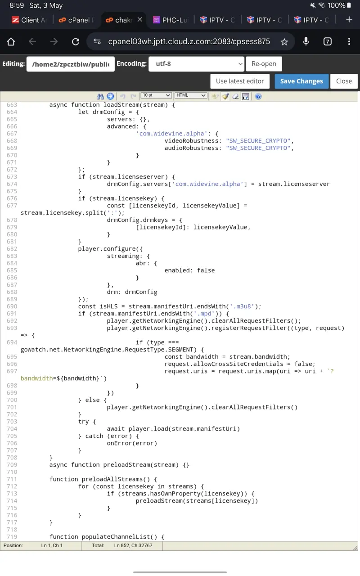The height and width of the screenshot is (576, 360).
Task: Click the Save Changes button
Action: point(301,81)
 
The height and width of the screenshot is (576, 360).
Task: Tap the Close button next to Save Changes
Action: point(344,81)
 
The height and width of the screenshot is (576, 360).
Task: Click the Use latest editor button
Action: point(240,81)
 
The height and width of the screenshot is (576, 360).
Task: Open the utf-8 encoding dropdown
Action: point(196,64)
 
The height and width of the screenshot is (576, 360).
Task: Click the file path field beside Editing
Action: point(71,64)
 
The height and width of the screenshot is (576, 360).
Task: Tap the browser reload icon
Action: point(75,41)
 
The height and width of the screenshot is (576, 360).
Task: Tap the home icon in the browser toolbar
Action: point(11,41)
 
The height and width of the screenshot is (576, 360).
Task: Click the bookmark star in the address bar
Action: point(284,42)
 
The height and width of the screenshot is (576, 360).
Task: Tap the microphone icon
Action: point(306,41)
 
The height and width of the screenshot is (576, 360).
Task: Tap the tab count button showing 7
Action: point(327,41)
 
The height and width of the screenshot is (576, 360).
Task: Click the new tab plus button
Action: point(349,19)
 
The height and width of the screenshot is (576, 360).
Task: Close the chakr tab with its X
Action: point(139,19)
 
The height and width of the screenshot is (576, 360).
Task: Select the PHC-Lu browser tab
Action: point(171,20)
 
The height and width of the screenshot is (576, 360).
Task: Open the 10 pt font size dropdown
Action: point(156,95)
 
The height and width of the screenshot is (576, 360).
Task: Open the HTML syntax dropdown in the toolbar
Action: point(190,95)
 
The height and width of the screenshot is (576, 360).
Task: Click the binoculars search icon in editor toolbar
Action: point(100,96)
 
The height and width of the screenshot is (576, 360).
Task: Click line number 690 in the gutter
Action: point(12,306)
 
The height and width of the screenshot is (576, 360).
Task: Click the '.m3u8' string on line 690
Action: point(242,306)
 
